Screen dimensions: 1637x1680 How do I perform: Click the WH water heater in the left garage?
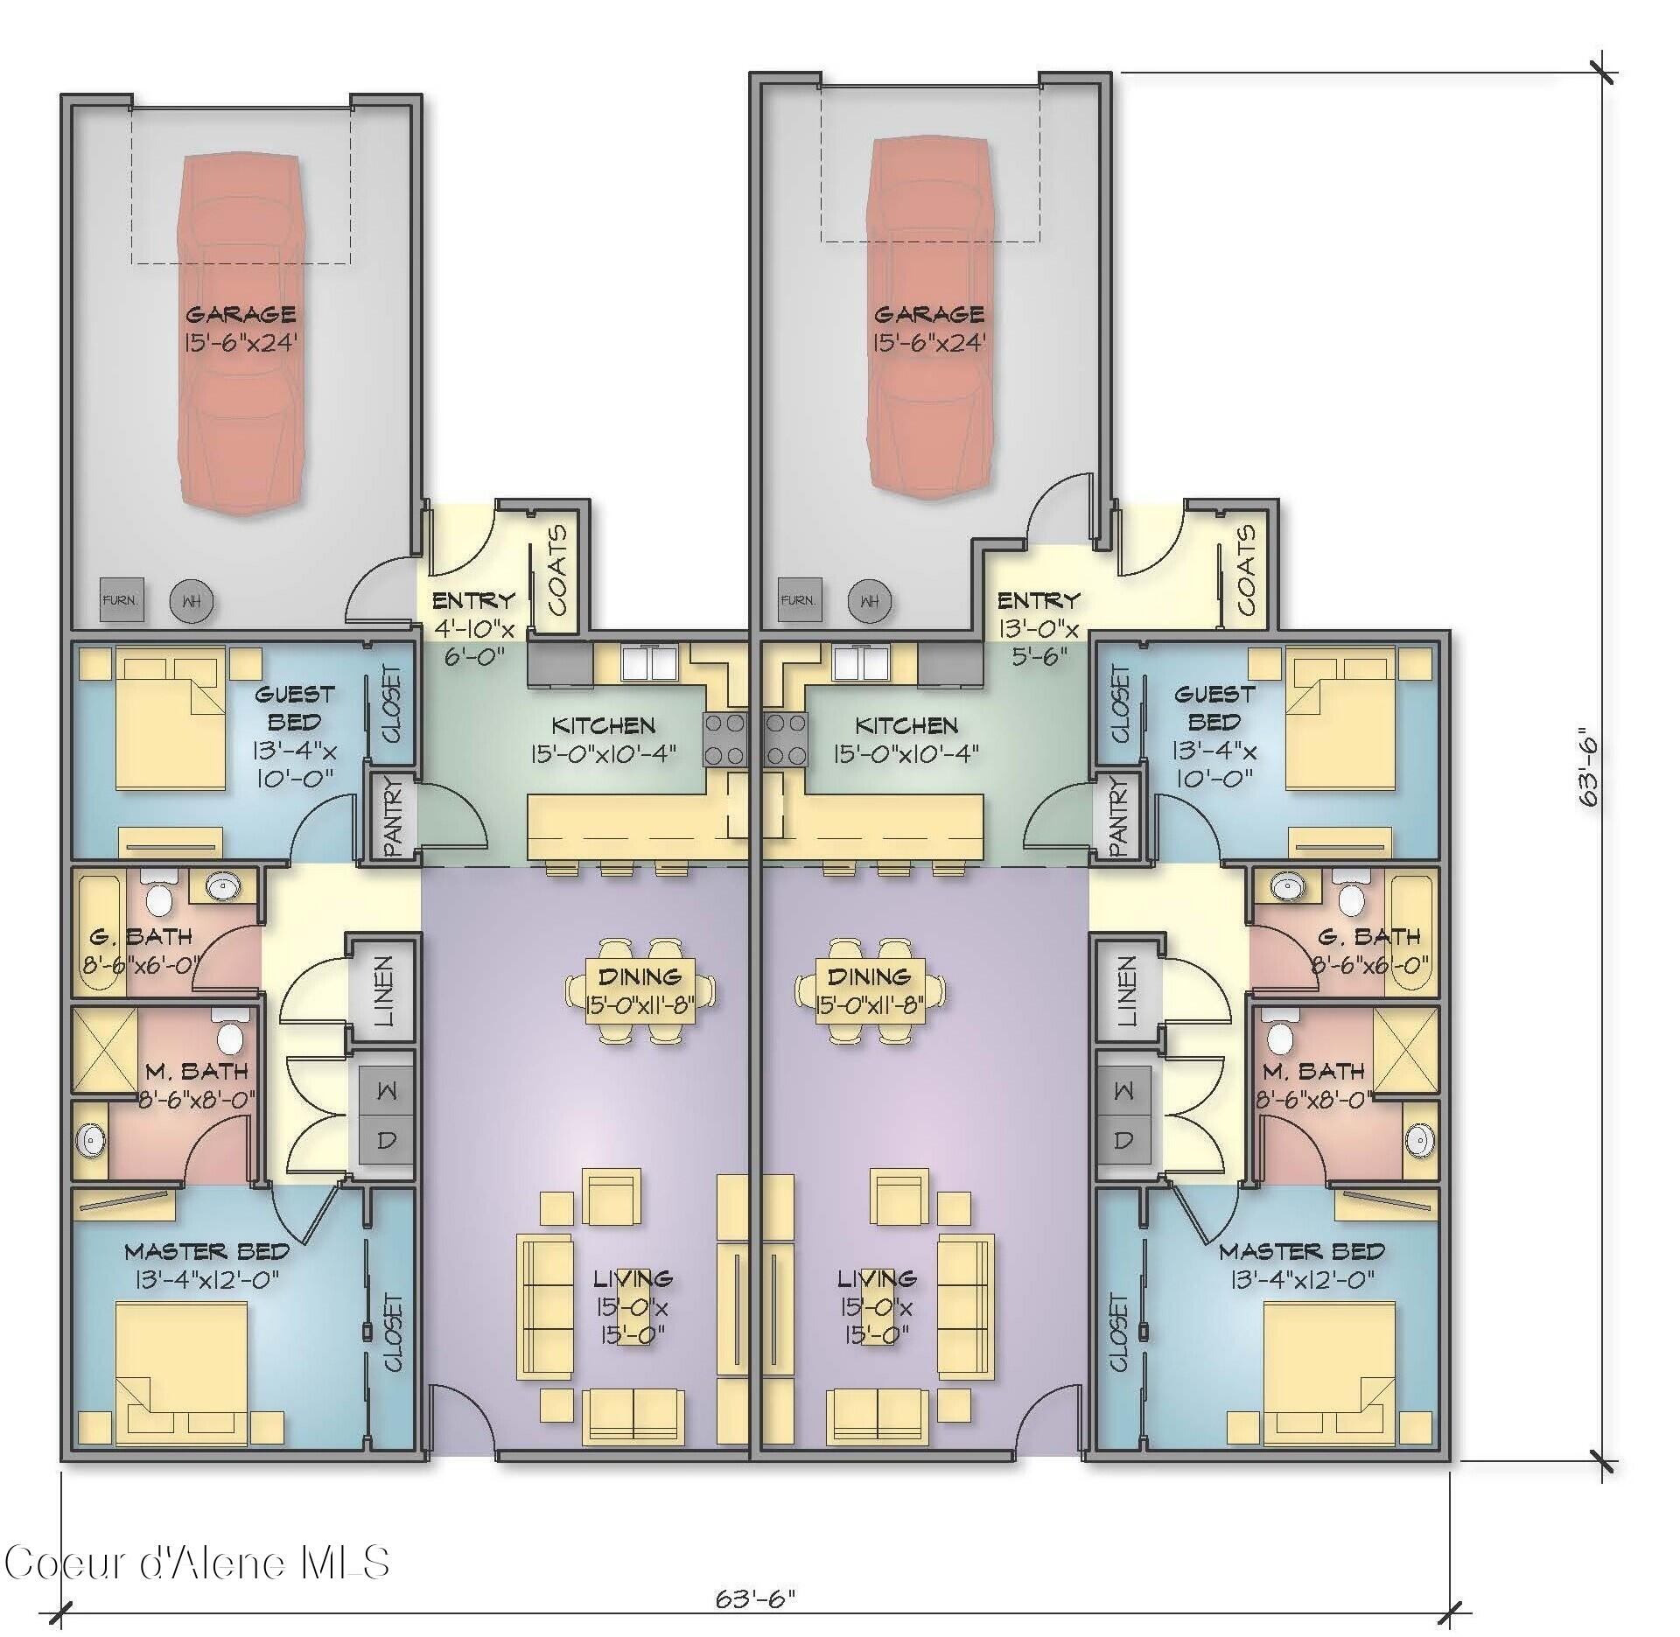(191, 602)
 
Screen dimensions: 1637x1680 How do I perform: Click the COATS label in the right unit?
(1246, 570)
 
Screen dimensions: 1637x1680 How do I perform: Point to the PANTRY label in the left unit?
(391, 815)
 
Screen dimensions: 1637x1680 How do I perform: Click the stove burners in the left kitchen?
(724, 739)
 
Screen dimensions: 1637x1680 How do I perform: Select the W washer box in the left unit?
(386, 1091)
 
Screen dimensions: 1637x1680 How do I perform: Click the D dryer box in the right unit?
(1123, 1140)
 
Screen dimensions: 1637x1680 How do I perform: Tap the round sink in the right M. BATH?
(1418, 1139)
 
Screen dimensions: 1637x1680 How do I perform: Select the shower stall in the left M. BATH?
(104, 1050)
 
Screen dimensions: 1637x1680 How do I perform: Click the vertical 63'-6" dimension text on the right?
(1587, 770)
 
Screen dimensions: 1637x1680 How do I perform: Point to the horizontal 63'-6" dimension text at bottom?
(755, 1599)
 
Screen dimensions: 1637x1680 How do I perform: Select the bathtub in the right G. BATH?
(1413, 934)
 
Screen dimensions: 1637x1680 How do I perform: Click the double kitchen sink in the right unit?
(860, 662)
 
